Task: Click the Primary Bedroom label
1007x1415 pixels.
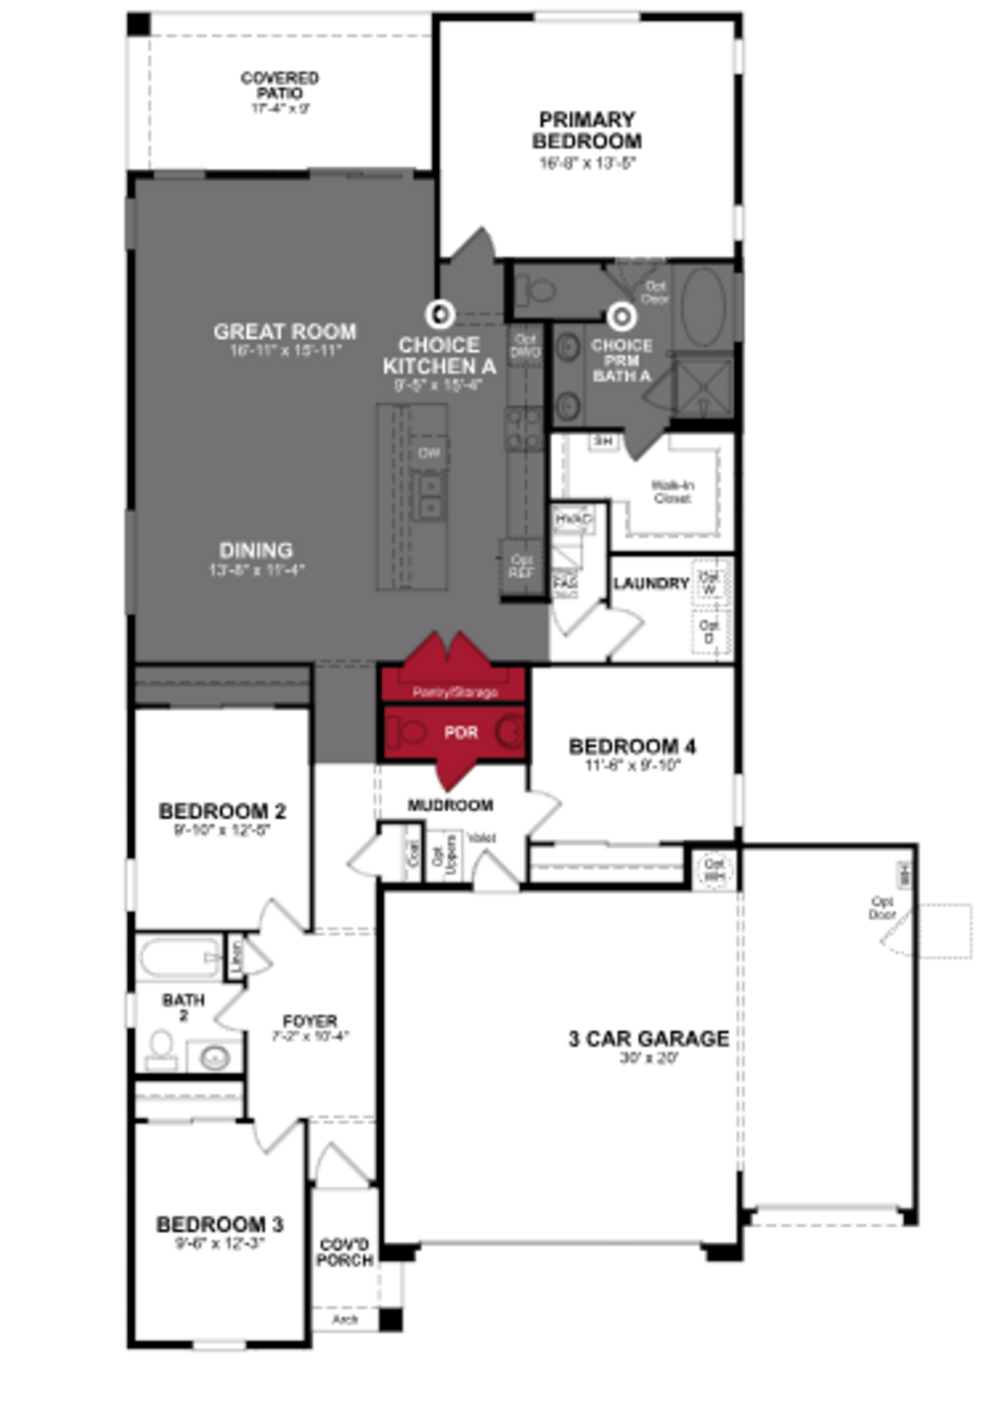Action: click(587, 130)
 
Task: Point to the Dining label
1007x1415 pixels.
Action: click(256, 550)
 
